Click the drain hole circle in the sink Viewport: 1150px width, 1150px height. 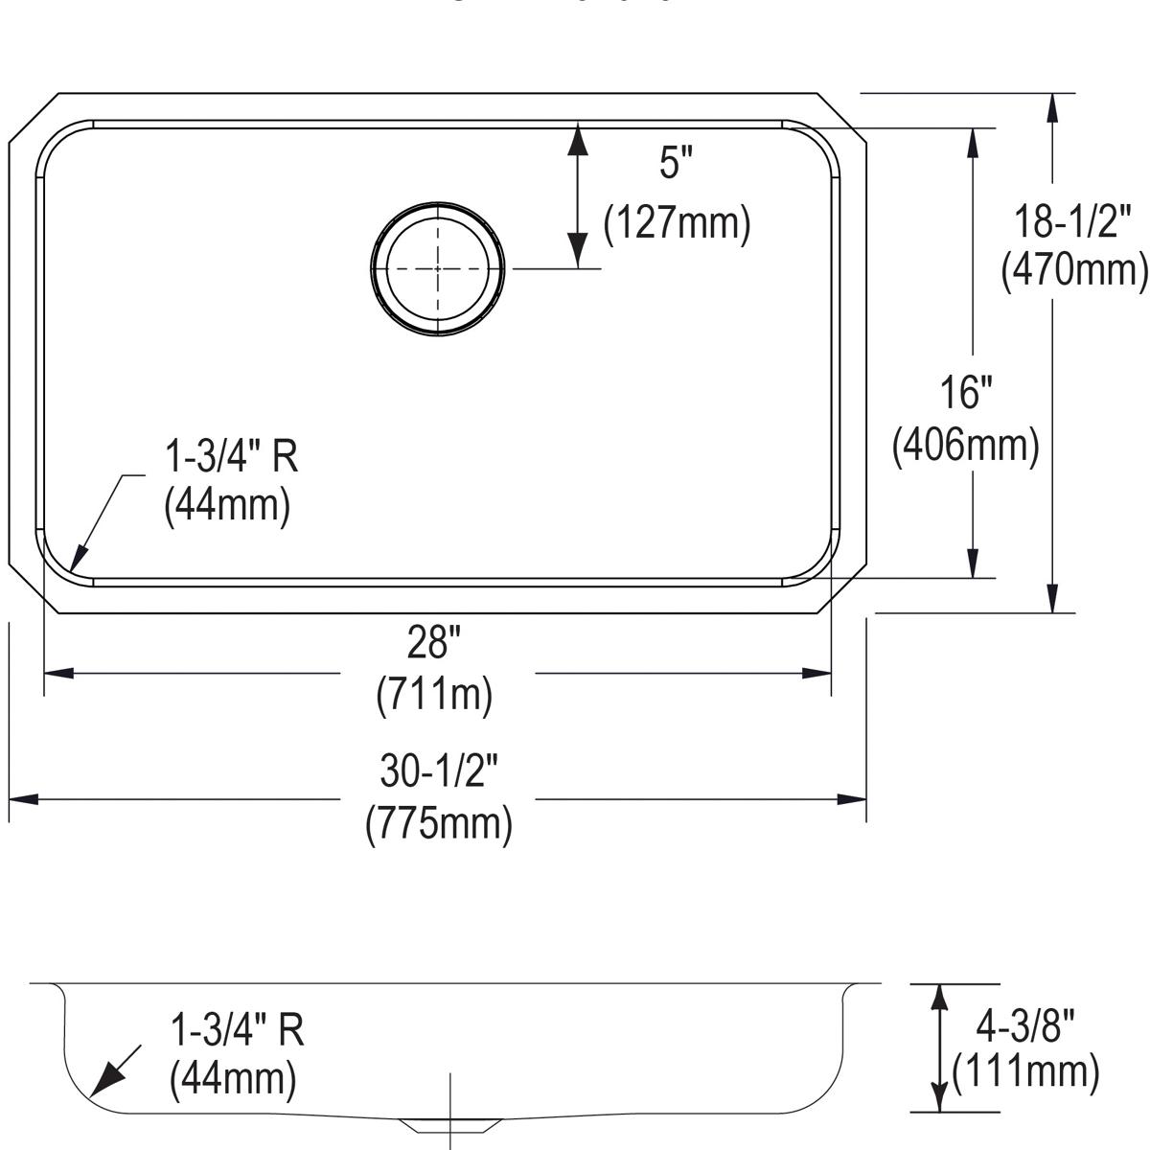click(438, 269)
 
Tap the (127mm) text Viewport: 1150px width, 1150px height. click(677, 223)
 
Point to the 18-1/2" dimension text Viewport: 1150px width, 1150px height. click(1073, 223)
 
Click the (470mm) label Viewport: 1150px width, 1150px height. click(1073, 271)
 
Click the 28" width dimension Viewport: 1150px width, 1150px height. click(434, 643)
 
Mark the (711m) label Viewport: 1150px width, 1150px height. click(434, 693)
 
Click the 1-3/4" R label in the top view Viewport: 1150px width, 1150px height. click(232, 457)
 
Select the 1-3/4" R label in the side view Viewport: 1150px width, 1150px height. click(237, 1030)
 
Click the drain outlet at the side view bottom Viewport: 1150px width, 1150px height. click(450, 1123)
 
